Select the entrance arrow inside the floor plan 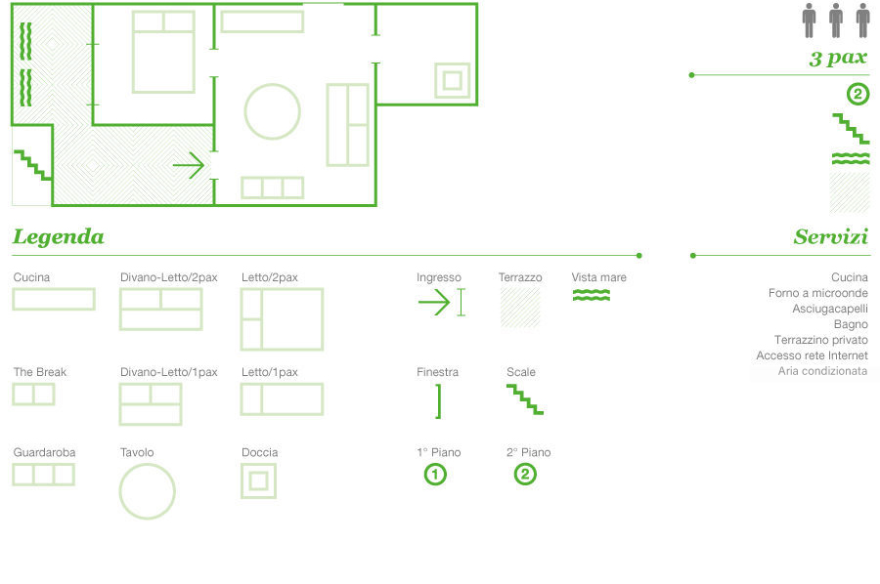pos(189,165)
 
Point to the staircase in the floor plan pos(32,165)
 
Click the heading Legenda pos(59,236)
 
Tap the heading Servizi pos(830,236)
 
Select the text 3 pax pos(838,58)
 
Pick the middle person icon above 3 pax pos(836,21)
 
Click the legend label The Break pos(40,372)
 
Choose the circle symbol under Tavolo pos(147,465)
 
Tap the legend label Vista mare pos(598,277)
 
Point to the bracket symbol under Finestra pos(439,401)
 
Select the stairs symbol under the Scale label pos(525,399)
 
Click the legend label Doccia pos(259,452)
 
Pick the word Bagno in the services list pos(851,324)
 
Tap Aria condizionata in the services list pos(822,371)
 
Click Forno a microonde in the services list pos(817,293)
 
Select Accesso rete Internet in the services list pos(812,355)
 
